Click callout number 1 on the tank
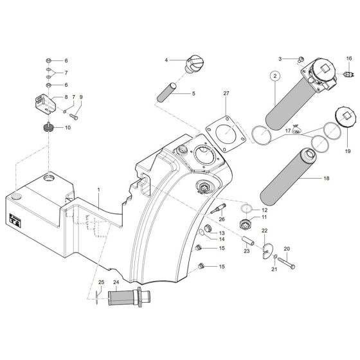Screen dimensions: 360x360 [98, 190]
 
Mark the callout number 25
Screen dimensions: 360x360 [100, 283]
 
